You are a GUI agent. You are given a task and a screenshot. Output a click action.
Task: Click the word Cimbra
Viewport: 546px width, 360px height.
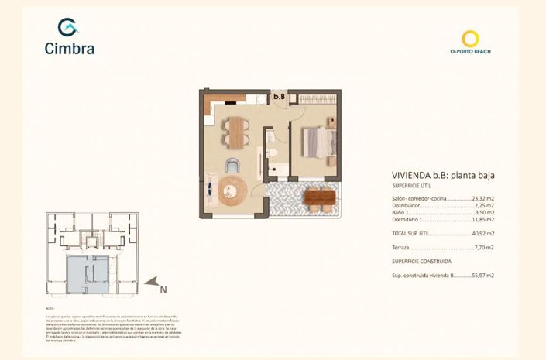[70, 49]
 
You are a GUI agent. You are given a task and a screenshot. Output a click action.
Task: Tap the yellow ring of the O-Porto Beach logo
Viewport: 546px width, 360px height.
[470, 38]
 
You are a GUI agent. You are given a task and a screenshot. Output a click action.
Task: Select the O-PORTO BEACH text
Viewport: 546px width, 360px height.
[470, 52]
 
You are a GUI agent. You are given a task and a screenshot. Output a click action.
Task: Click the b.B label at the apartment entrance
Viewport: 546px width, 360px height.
[279, 97]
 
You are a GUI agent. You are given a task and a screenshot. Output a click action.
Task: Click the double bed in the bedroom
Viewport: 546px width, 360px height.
[318, 142]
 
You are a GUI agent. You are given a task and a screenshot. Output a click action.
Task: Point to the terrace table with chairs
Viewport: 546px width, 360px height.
[318, 198]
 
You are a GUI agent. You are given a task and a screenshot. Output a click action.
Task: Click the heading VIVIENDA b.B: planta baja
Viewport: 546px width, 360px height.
[438, 176]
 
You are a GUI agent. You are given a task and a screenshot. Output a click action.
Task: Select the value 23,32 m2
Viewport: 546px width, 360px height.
[482, 199]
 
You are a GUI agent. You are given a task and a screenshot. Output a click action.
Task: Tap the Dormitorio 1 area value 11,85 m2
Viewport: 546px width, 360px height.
[482, 220]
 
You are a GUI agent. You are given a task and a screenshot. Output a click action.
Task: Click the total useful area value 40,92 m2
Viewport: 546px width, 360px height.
[482, 233]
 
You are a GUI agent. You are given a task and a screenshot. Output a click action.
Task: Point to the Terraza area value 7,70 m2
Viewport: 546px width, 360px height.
[483, 248]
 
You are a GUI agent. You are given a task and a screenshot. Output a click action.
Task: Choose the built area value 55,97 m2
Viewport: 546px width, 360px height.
[482, 276]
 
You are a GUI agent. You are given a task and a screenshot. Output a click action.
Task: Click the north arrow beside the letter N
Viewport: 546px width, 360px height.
[154, 282]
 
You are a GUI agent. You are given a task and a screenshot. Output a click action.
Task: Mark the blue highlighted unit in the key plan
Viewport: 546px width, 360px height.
[87, 274]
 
